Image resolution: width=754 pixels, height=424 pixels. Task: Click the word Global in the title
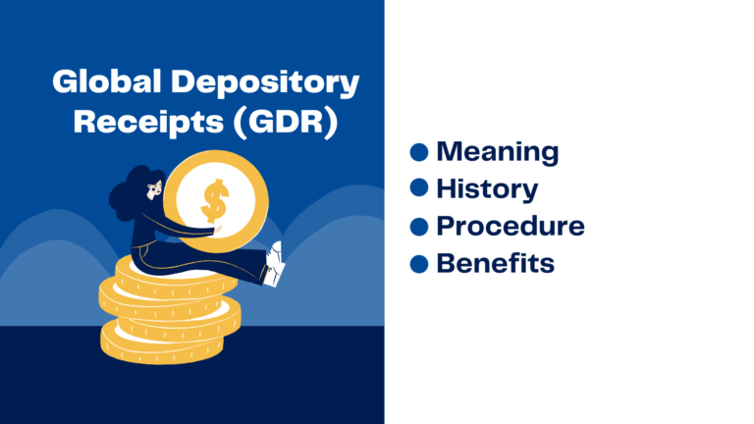[x=101, y=82]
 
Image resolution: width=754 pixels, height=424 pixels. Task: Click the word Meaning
[x=497, y=152]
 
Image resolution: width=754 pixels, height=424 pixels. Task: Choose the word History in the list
[x=486, y=188]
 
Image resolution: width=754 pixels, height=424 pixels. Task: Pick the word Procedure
[x=510, y=226]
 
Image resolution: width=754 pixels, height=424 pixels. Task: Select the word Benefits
[x=495, y=263]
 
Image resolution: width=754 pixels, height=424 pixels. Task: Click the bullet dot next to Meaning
[x=419, y=152]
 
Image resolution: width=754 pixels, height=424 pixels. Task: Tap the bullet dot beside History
[x=419, y=188]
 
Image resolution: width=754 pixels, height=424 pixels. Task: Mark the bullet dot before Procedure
[x=419, y=226]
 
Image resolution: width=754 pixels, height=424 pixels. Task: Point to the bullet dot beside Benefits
[x=419, y=263]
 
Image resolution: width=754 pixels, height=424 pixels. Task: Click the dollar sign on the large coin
[x=213, y=201]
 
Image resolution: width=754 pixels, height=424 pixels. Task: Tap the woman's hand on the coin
[x=218, y=231]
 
